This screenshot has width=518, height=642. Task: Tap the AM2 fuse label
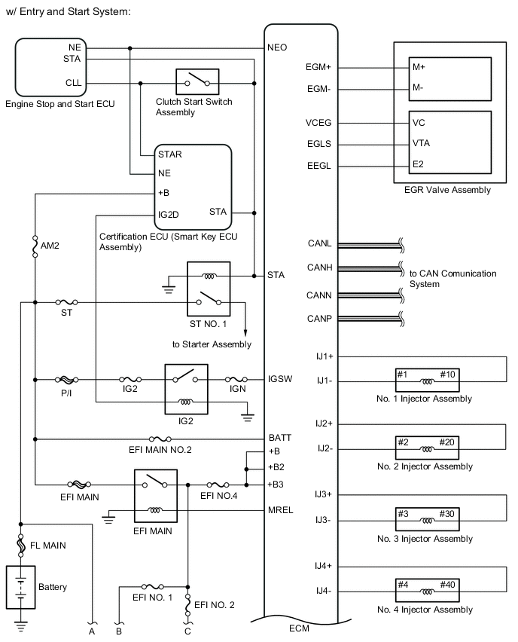(x=50, y=245)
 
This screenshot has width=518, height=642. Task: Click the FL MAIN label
(x=48, y=546)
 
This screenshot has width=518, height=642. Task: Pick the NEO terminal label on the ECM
(x=277, y=47)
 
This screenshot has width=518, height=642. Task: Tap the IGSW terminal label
(x=280, y=379)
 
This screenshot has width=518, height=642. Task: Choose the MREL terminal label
(x=281, y=509)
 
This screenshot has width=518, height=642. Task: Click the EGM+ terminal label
(x=318, y=67)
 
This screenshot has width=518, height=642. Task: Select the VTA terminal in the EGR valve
(x=421, y=143)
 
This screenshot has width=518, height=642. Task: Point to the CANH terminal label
(x=319, y=267)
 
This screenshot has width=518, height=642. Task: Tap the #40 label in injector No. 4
(x=447, y=584)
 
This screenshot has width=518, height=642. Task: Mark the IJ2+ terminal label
(x=324, y=423)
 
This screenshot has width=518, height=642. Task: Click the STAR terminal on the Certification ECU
(x=170, y=154)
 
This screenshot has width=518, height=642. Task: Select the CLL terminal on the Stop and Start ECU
(x=74, y=83)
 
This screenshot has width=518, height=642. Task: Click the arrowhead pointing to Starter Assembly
(x=245, y=332)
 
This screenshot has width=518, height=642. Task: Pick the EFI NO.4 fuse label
(x=218, y=495)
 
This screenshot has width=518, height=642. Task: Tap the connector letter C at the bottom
(x=187, y=631)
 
